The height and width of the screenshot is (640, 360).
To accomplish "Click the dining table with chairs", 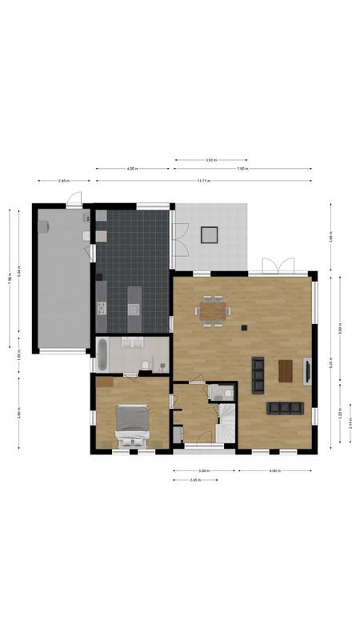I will tap(213, 310).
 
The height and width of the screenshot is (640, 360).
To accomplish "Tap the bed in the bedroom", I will tap(132, 424).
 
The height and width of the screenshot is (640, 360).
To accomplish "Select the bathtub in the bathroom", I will tap(102, 353).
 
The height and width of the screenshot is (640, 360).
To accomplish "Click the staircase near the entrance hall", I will tap(228, 422).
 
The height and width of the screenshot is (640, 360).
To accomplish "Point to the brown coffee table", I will tap(286, 371).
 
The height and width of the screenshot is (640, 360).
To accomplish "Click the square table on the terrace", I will tap(210, 234).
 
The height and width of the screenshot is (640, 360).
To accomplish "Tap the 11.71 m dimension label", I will tap(204, 181).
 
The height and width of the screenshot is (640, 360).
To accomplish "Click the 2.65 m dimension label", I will tap(64, 181).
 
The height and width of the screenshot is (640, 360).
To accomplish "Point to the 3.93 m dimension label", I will tap(210, 161).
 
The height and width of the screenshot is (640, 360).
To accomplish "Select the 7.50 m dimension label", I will tap(242, 170).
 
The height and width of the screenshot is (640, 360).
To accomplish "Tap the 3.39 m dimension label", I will tap(204, 471).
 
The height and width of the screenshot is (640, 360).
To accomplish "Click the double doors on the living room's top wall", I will tap(278, 266).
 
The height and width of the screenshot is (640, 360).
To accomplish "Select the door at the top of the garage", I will tap(74, 201).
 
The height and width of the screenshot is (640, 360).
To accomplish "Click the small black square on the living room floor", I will tap(245, 327).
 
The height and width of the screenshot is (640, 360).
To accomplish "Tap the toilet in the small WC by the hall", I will tap(228, 393).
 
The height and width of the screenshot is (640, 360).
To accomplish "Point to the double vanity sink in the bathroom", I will tap(133, 342).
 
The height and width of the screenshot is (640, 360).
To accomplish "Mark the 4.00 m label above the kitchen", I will tap(132, 170).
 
